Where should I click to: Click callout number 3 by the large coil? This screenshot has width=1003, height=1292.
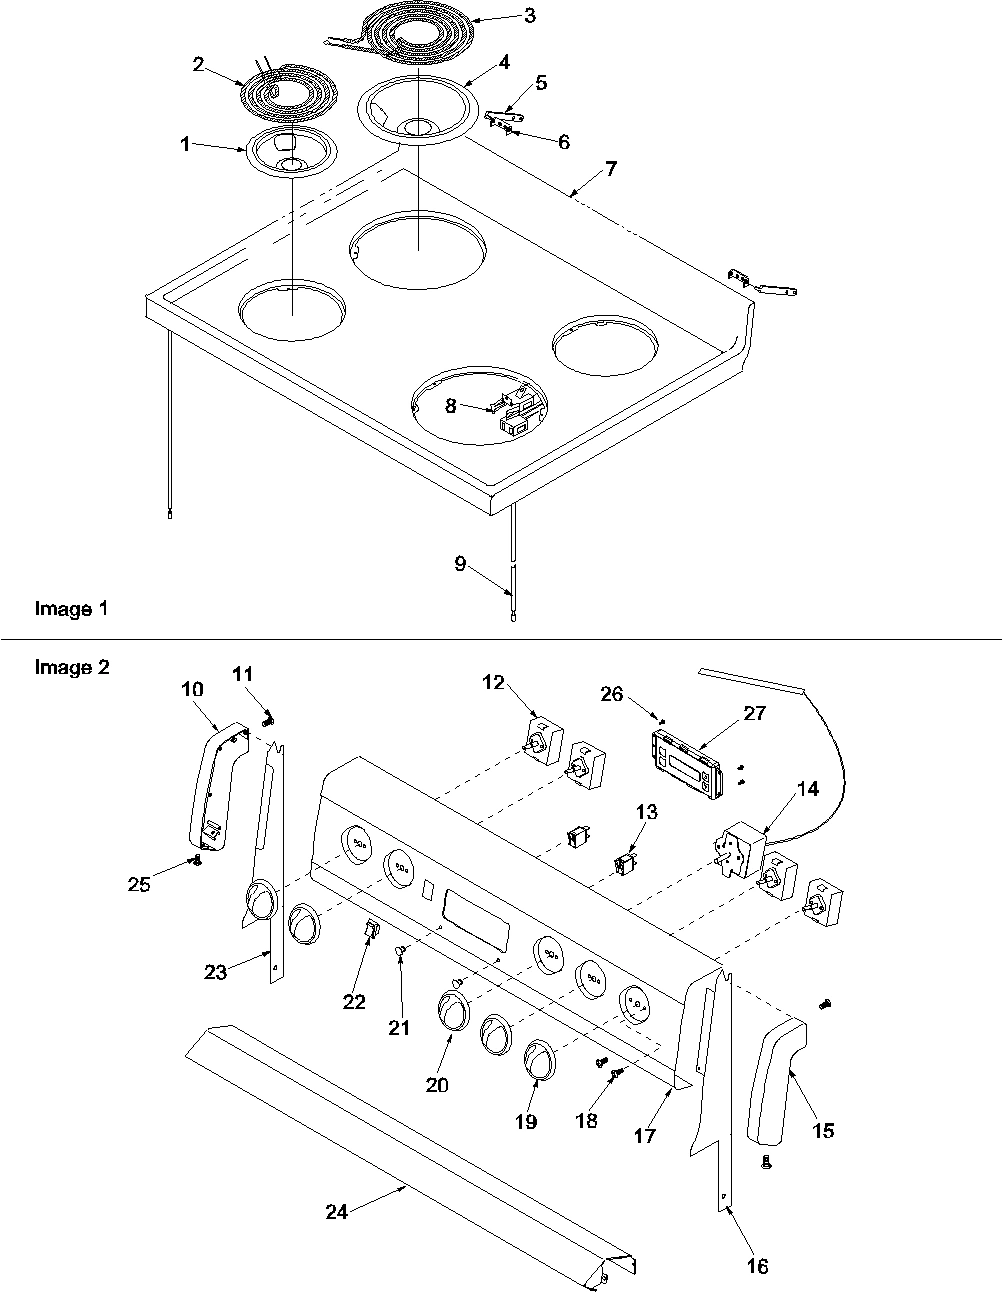(528, 15)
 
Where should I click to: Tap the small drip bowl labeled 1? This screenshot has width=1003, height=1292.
(290, 154)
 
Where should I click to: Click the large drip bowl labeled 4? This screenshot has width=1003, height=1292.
(404, 108)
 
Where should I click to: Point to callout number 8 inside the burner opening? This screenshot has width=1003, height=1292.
(451, 407)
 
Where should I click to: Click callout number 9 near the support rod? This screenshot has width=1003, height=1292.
(460, 564)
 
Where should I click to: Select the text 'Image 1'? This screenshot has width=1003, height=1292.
(71, 608)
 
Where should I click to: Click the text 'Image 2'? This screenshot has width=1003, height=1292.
(71, 667)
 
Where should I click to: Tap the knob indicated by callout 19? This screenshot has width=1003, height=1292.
(540, 1061)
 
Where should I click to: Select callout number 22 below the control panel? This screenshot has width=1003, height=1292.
(354, 1002)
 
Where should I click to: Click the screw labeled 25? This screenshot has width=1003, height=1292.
(197, 860)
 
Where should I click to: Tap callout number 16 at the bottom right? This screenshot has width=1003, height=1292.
(757, 1266)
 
